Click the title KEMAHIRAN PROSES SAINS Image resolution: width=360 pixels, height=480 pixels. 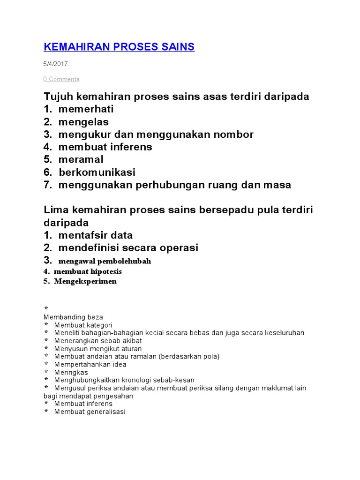(x=119, y=47)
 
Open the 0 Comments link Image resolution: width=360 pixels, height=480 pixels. (x=61, y=79)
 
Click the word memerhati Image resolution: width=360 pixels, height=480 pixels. (x=86, y=109)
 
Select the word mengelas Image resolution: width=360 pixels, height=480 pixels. (x=83, y=122)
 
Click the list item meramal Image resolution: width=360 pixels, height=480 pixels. (x=81, y=159)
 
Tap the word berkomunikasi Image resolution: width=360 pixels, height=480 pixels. (x=97, y=172)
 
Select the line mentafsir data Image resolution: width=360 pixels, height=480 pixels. (x=96, y=235)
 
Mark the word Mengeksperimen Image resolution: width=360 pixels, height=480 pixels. (x=85, y=282)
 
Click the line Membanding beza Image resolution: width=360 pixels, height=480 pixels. (x=73, y=317)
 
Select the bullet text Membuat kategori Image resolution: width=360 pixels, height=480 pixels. (x=83, y=325)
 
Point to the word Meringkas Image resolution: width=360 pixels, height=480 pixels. (x=71, y=372)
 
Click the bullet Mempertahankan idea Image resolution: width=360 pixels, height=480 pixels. (x=90, y=364)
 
